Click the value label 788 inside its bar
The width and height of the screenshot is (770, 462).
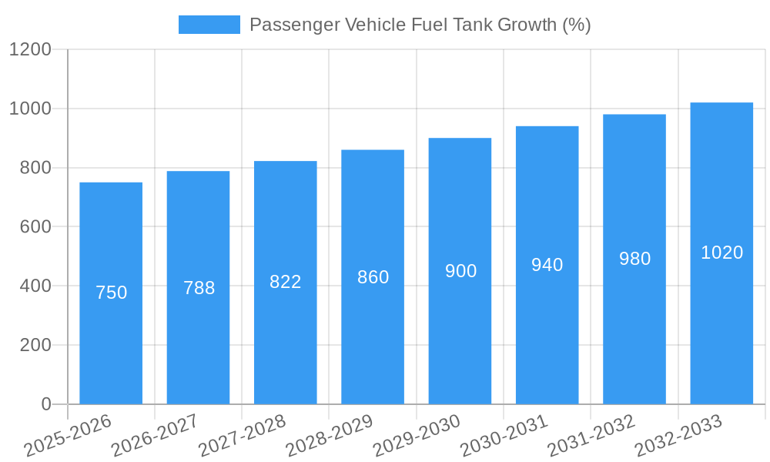[199, 288]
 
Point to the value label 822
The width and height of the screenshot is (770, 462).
[286, 282]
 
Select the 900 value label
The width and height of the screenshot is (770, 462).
[460, 271]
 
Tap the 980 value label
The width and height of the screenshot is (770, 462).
[634, 259]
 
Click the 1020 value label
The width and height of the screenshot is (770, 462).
[721, 253]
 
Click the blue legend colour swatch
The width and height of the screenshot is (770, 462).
[209, 25]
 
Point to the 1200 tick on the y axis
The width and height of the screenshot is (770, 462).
[29, 49]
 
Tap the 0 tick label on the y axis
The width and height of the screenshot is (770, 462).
[45, 404]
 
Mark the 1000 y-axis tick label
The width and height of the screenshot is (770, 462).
[29, 109]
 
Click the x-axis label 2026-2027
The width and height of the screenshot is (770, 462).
[155, 436]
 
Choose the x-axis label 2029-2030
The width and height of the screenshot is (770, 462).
[417, 436]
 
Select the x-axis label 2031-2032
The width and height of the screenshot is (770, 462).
[591, 436]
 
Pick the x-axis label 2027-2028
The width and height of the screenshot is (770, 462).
[242, 436]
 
